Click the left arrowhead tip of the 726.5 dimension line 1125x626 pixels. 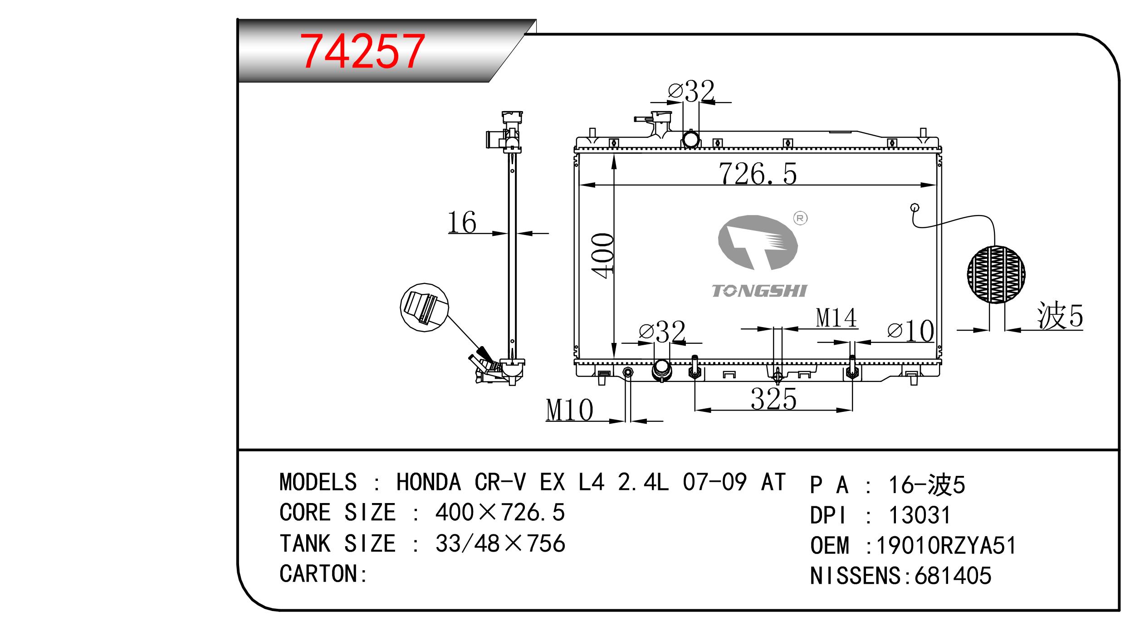[580, 185]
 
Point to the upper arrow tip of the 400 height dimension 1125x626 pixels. [614, 154]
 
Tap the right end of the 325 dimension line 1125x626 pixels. [852, 411]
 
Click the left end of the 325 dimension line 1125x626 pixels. [695, 411]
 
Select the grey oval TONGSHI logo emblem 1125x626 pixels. [758, 242]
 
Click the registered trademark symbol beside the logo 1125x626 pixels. [800, 219]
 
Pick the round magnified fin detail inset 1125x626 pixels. [996, 274]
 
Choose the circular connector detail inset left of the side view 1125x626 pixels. [425, 308]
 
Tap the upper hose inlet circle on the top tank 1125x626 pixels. [691, 139]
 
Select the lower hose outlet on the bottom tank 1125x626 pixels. [662, 370]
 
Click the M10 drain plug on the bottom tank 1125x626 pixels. [628, 373]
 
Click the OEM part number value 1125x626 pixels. [946, 545]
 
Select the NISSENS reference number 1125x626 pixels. [953, 576]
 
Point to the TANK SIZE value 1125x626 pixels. [500, 543]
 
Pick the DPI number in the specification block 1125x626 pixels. [920, 515]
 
